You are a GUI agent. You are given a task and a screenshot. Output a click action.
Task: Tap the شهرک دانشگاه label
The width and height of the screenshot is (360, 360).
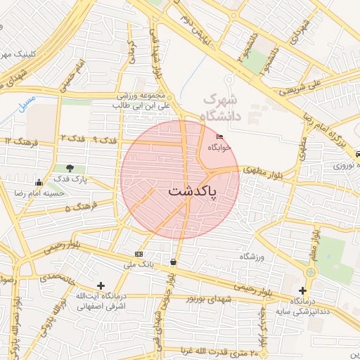coord(220,107)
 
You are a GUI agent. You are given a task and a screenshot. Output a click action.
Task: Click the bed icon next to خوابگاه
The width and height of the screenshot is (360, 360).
coord(220,137)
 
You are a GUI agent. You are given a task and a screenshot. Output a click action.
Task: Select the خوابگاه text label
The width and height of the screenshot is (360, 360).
coord(219,148)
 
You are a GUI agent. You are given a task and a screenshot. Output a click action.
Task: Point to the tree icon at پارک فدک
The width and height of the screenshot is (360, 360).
coord(70,168)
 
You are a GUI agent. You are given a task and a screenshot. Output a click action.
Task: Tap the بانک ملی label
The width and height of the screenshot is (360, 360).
coord(138,265)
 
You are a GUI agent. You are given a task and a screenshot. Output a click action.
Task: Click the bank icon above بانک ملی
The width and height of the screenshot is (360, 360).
coord(138,254)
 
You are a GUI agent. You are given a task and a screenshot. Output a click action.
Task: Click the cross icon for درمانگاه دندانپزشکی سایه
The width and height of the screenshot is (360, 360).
coord(302,290)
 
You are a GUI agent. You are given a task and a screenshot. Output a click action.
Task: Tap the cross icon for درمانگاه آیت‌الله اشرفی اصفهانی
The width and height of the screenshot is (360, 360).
coord(101,285)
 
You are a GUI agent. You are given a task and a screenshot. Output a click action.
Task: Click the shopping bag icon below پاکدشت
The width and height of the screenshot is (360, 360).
coord(174,262)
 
